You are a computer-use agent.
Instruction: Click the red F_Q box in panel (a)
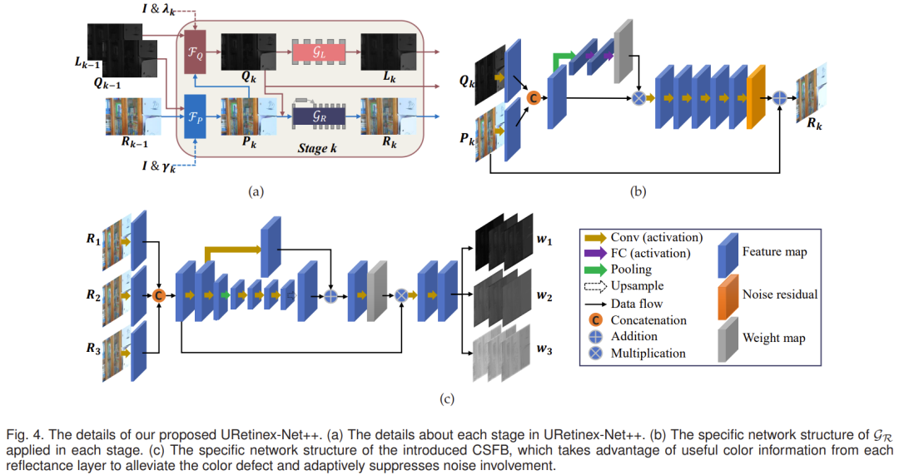coord(194,52)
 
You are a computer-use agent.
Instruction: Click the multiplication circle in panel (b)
coord(638,97)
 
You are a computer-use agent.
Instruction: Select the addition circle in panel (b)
coord(779,98)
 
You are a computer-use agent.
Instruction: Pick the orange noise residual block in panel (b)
coord(756,97)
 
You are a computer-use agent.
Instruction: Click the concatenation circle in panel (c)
coord(157,294)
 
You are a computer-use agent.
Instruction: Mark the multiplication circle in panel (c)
coord(401,294)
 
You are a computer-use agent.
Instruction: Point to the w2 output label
coord(544,294)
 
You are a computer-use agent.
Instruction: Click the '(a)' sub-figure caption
coord(256,191)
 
